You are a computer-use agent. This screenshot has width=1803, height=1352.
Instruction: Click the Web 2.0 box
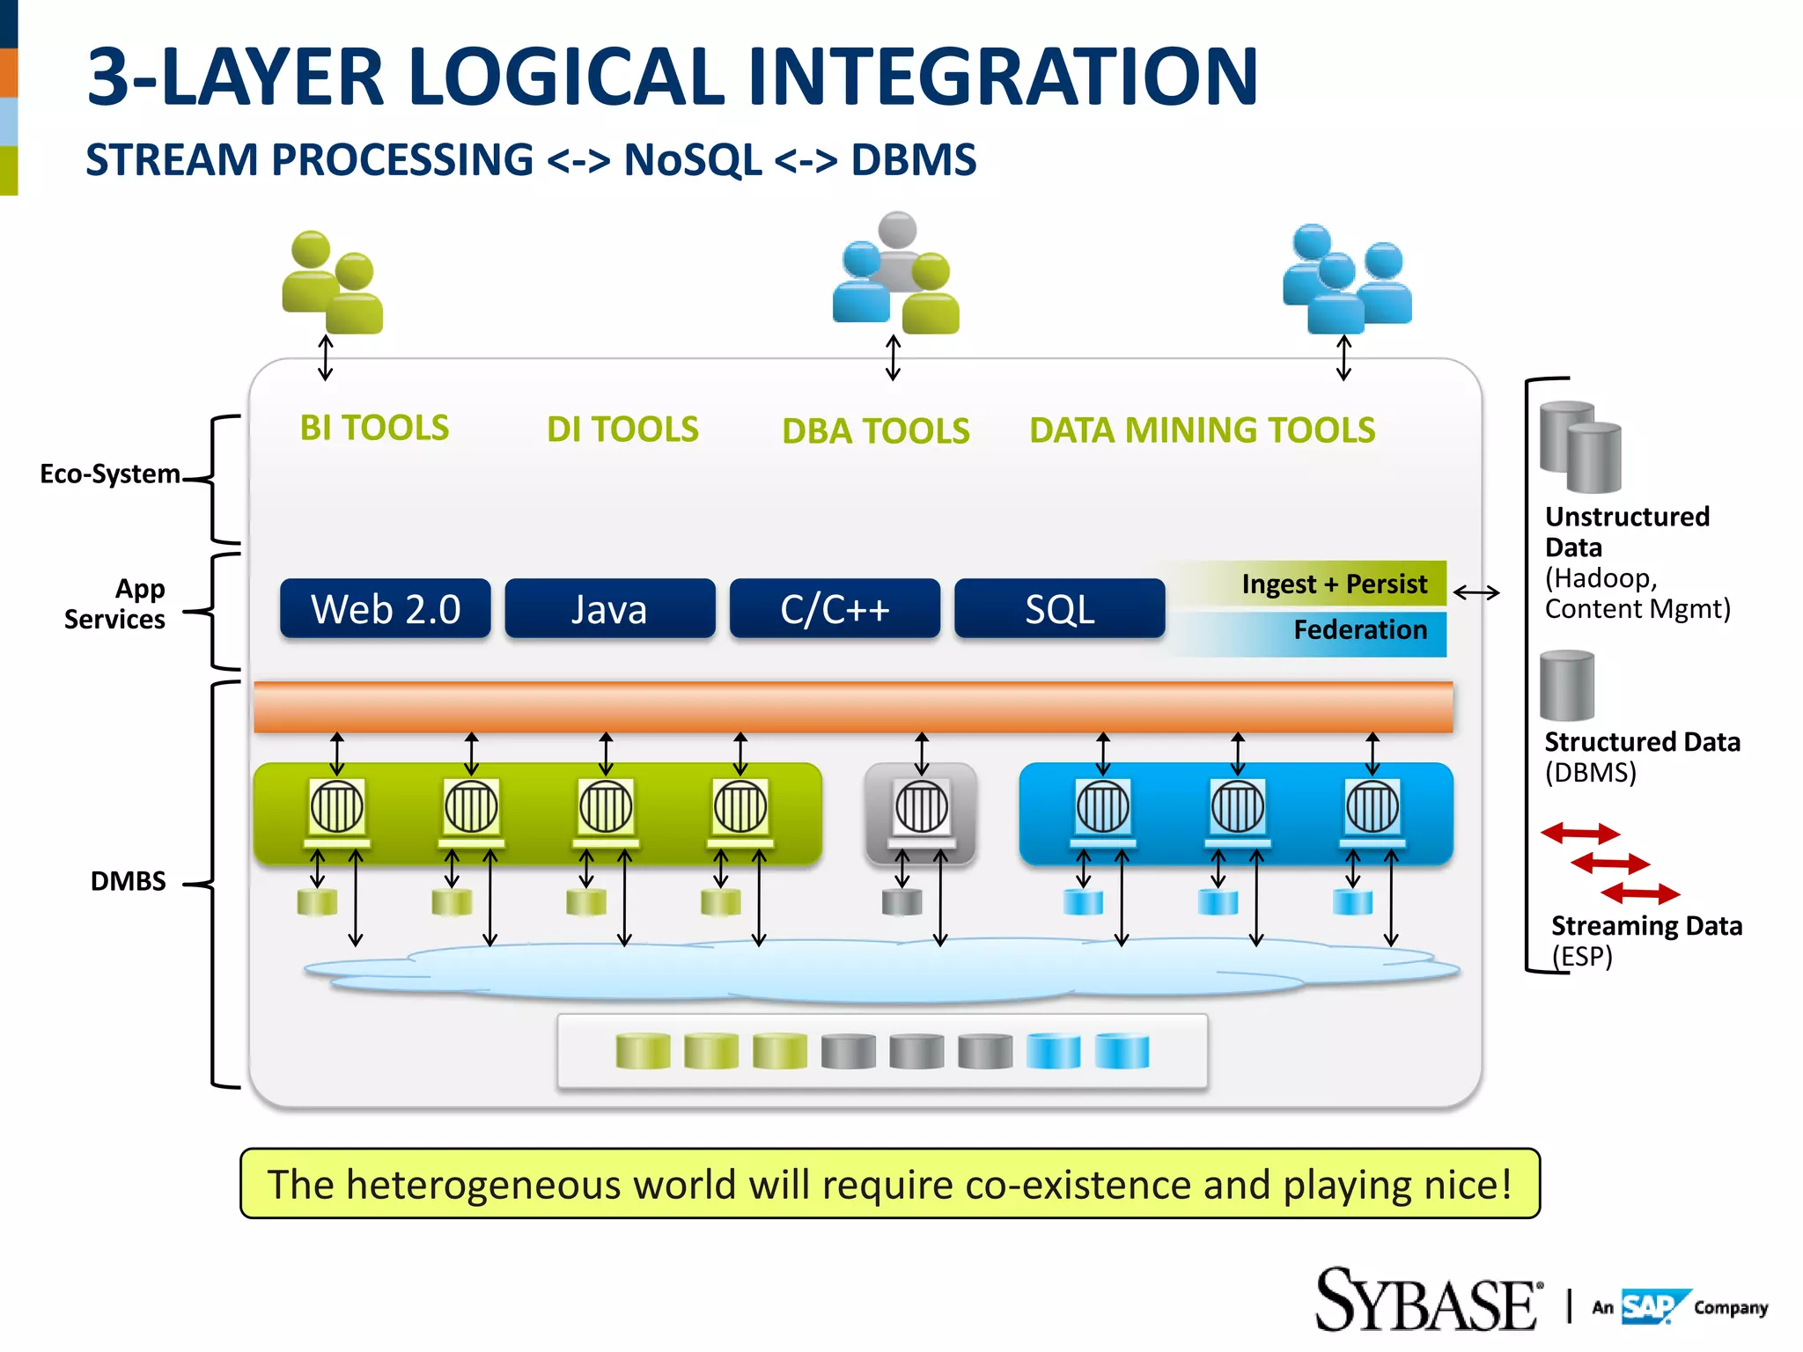tap(385, 609)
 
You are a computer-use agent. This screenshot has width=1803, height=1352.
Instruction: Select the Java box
tap(609, 609)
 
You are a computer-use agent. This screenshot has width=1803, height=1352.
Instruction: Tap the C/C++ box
tap(835, 609)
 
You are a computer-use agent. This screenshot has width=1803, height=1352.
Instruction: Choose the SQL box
tap(1059, 609)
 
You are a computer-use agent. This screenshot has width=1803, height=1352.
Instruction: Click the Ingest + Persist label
tap(1334, 584)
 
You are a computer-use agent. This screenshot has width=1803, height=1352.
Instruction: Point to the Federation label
tap(1359, 630)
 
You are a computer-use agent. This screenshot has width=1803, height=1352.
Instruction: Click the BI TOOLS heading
tap(374, 428)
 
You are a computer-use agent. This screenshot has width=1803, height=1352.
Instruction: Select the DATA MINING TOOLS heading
tap(1202, 430)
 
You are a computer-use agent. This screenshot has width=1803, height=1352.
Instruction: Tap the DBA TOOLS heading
tap(875, 431)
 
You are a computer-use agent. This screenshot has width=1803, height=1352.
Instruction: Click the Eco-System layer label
tap(110, 474)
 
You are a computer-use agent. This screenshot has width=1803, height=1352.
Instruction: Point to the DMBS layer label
tap(128, 881)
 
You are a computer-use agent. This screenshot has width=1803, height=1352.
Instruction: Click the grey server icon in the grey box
tap(921, 807)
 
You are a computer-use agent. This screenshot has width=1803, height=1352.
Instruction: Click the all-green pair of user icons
tap(333, 283)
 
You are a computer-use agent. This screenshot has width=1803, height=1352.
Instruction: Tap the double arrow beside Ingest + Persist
tap(1476, 592)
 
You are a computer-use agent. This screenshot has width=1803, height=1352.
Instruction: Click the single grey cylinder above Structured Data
tap(1566, 687)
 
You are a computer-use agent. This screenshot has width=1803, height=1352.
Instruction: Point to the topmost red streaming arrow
tap(1579, 833)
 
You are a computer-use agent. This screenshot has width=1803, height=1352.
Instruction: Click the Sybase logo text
tap(1426, 1302)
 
